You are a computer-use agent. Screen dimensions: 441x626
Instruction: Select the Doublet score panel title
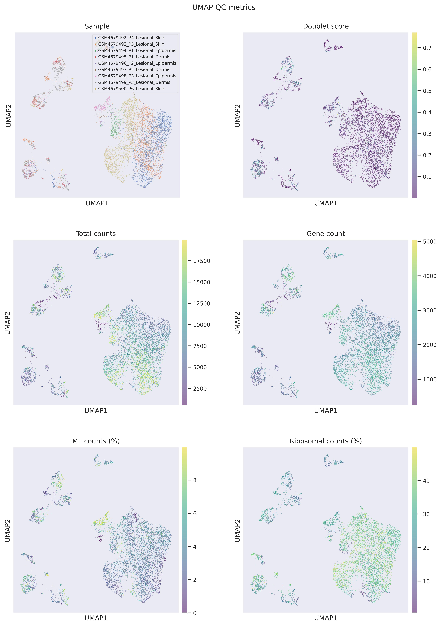pyautogui.click(x=326, y=26)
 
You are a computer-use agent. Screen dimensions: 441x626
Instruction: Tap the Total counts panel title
pyautogui.click(x=96, y=234)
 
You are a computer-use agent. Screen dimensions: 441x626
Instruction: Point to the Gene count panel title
pyautogui.click(x=326, y=234)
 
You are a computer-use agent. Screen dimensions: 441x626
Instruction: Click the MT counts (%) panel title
pyautogui.click(x=96, y=441)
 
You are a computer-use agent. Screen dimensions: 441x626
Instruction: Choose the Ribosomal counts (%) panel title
pyautogui.click(x=326, y=441)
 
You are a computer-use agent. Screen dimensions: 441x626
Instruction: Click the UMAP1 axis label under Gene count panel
pyautogui.click(x=326, y=411)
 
